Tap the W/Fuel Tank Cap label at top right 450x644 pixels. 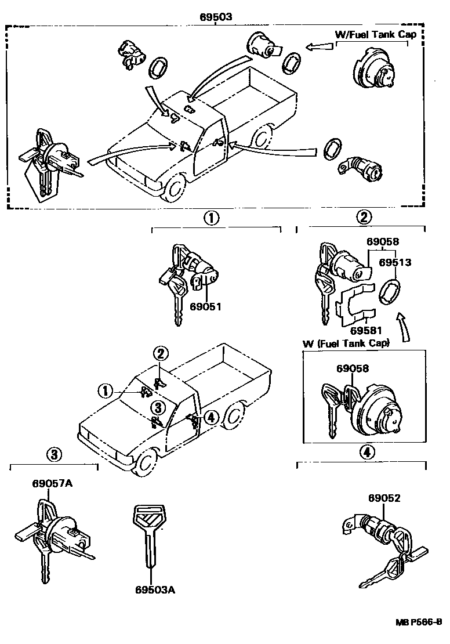tap(376, 34)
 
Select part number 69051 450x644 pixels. tap(205, 306)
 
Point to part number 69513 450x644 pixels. tap(395, 262)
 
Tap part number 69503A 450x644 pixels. tap(155, 590)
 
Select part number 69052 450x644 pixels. tap(384, 498)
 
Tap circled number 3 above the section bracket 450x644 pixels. tap(53, 455)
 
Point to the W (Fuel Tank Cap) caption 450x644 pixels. tap(346, 343)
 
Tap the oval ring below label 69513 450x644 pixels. tap(389, 291)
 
